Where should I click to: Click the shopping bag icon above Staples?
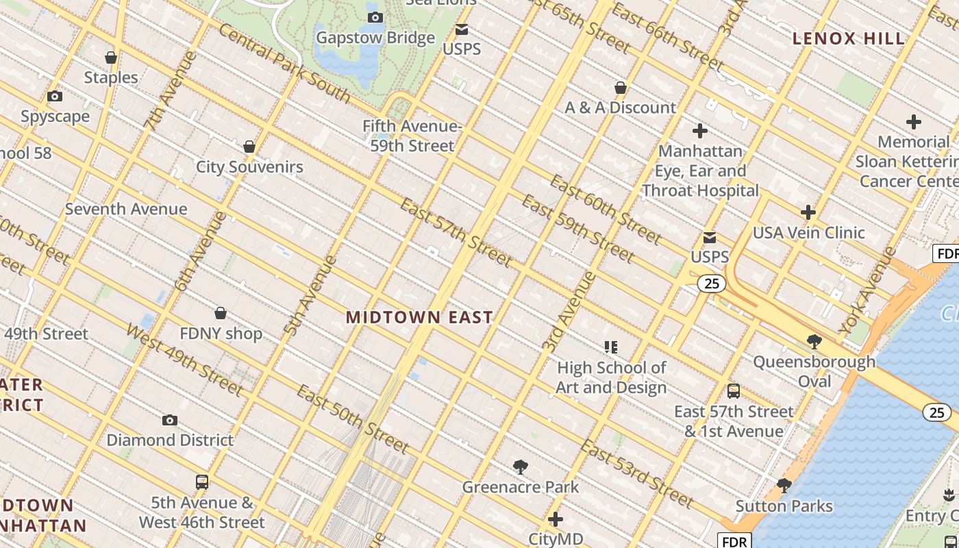pyautogui.click(x=111, y=58)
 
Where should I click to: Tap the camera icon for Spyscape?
pyautogui.click(x=55, y=97)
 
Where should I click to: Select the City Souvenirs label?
pyautogui.click(x=249, y=166)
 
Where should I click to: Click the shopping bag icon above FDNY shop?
pyautogui.click(x=221, y=314)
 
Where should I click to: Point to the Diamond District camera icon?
pyautogui.click(x=170, y=420)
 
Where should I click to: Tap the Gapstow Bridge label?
pyautogui.click(x=375, y=38)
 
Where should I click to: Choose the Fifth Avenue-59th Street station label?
pyautogui.click(x=412, y=136)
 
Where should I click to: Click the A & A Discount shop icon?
pyautogui.click(x=621, y=88)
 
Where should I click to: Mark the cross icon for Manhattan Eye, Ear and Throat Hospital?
pyautogui.click(x=700, y=130)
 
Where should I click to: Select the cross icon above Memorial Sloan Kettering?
pyautogui.click(x=913, y=122)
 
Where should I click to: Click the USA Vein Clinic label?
pyautogui.click(x=809, y=233)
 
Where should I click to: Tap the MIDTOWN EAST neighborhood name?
pyautogui.click(x=419, y=317)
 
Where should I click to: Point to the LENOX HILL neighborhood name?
pyautogui.click(x=849, y=39)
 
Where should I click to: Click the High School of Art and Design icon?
pyautogui.click(x=611, y=347)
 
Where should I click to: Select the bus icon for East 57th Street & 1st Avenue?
pyautogui.click(x=734, y=391)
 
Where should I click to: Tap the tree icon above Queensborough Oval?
pyautogui.click(x=814, y=341)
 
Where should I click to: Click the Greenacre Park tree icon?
pyautogui.click(x=521, y=467)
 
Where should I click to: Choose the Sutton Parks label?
pyautogui.click(x=784, y=506)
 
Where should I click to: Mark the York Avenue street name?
pyautogui.click(x=868, y=290)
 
